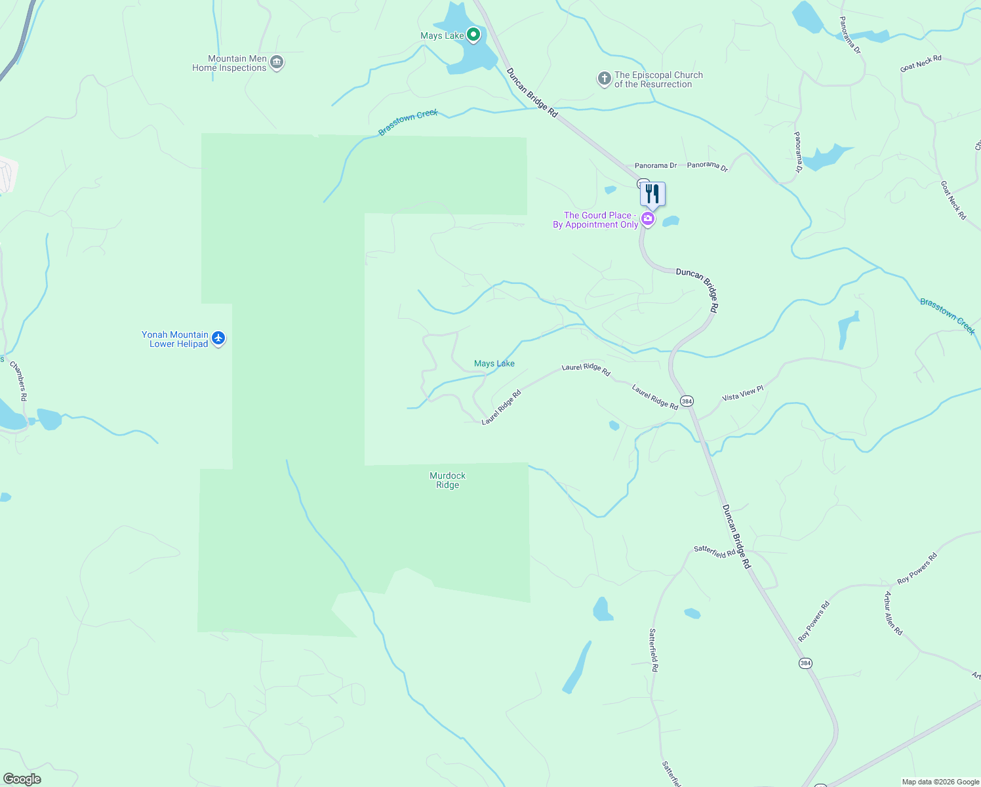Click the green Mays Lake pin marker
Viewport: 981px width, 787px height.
pos(473,35)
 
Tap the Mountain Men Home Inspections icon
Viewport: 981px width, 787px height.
pos(277,63)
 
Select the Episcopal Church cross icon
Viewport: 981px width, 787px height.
pos(604,79)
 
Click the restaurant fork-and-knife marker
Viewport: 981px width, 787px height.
pos(652,194)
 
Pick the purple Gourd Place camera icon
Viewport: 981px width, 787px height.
pos(648,219)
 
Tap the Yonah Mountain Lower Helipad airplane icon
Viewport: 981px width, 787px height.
pos(218,338)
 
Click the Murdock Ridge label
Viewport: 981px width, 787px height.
pos(448,480)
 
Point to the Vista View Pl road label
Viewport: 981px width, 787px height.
pos(742,393)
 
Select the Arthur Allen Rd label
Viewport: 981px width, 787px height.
pos(893,614)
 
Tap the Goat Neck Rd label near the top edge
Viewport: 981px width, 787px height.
pos(921,63)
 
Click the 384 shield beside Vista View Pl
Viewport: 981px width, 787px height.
pos(687,401)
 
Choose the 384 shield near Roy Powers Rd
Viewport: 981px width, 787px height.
pos(805,663)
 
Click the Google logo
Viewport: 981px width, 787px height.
pos(22,779)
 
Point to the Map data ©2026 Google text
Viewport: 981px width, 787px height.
pos(940,782)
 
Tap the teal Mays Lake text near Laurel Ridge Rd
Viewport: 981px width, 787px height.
pos(494,363)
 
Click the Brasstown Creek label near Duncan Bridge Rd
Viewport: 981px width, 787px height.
pos(408,123)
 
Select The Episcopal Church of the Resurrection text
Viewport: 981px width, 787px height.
pos(658,79)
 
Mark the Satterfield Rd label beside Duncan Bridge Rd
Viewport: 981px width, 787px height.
pos(715,552)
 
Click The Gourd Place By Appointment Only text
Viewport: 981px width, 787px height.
pos(595,220)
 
